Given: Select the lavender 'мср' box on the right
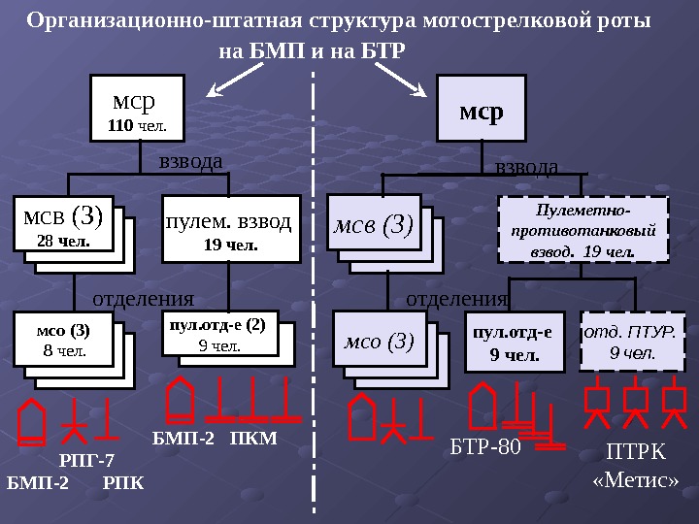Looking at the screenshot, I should coord(482,111).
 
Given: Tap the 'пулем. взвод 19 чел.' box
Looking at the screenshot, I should coord(230,230).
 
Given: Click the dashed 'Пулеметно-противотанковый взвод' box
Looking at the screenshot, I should coord(582,230).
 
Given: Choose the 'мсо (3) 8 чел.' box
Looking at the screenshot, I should coord(60,340).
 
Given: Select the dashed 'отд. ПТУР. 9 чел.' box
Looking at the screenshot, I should coord(632,341).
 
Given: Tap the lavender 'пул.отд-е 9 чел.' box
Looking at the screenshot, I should coord(514,342).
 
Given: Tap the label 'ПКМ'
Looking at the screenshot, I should coord(254,439).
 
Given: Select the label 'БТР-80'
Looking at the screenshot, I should coord(486,448).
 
